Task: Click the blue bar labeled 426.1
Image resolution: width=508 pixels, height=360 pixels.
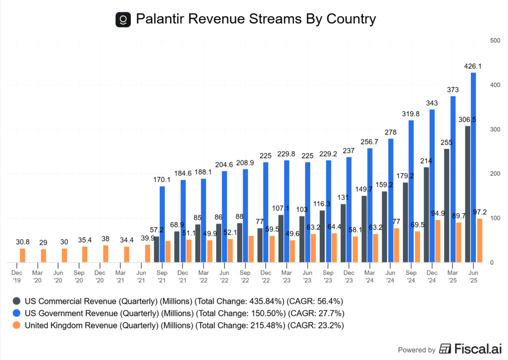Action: (473, 167)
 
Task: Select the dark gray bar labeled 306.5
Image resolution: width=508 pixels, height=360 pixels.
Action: (467, 194)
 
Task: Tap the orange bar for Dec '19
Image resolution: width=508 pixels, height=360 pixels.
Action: (22, 255)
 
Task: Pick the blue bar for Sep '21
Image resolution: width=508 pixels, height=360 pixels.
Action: (162, 224)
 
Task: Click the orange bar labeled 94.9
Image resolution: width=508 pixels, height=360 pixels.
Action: (438, 241)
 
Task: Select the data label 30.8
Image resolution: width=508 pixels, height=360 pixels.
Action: (22, 241)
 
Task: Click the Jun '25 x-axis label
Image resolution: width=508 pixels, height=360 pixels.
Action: (473, 276)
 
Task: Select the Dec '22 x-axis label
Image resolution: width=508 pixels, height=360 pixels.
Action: (266, 276)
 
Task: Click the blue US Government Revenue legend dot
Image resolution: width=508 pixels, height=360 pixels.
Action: (16, 313)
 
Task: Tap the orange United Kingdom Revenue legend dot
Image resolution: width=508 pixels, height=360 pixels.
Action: (16, 325)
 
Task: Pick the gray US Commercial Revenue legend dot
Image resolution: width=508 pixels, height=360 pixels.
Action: (16, 301)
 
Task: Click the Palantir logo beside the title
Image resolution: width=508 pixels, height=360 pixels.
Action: (123, 19)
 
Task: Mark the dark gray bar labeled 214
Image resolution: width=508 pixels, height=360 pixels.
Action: (426, 215)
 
